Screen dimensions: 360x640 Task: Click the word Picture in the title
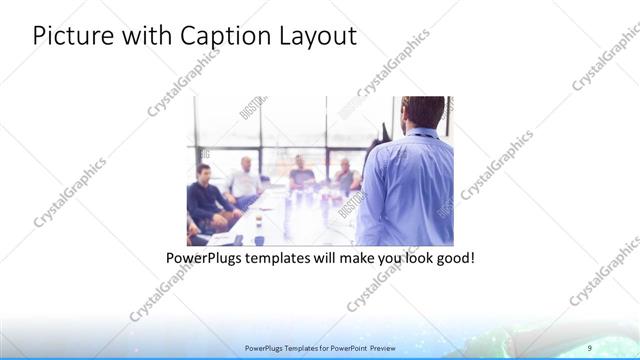[70, 37]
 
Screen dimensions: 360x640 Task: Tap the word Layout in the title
[314, 37]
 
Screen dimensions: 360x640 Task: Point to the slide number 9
[590, 347]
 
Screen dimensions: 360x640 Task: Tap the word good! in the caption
[453, 258]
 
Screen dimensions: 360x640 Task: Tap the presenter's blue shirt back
[405, 190]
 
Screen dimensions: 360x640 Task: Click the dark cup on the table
[259, 238]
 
